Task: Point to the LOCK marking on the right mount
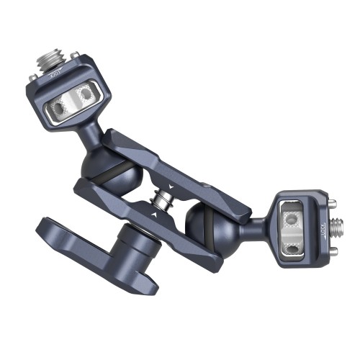coord(323,230)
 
